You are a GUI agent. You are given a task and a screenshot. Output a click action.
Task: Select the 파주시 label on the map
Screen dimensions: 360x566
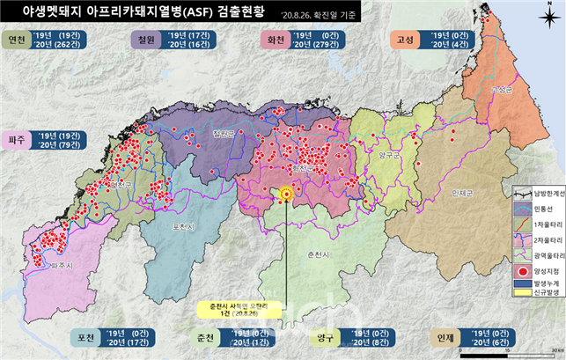tap(39, 262)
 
